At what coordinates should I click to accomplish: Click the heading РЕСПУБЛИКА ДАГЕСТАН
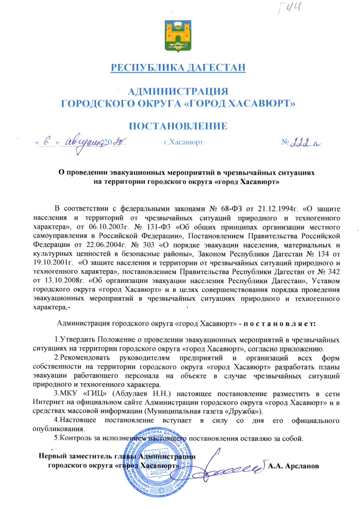[178, 67]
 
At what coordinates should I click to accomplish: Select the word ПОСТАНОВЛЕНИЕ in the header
[178, 126]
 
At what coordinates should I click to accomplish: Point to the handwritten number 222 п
[305, 143]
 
